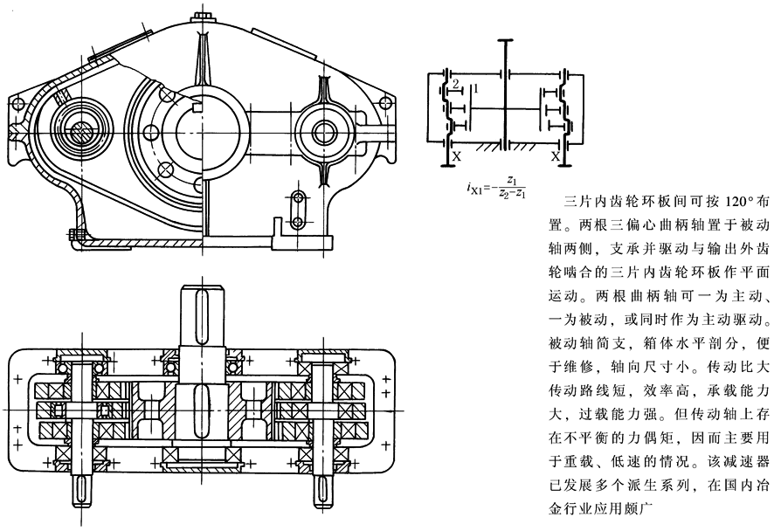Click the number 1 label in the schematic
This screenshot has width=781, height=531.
click(475, 88)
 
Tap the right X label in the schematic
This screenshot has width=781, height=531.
click(555, 156)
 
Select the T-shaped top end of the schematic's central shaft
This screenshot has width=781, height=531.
click(505, 40)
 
